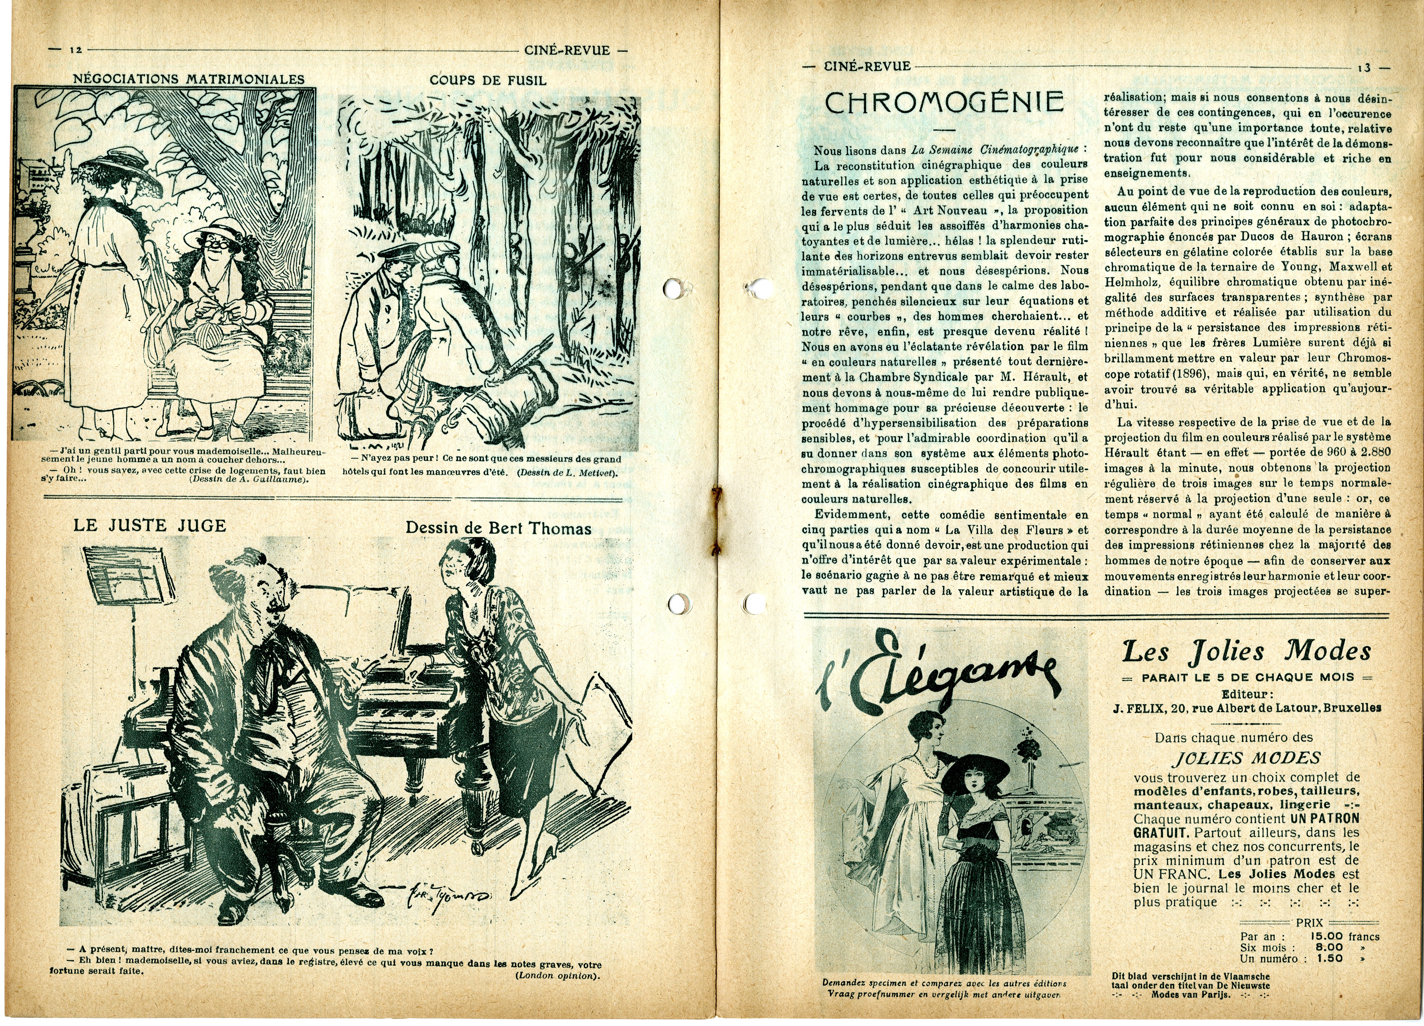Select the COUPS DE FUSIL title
point(488,80)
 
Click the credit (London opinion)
point(557,976)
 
